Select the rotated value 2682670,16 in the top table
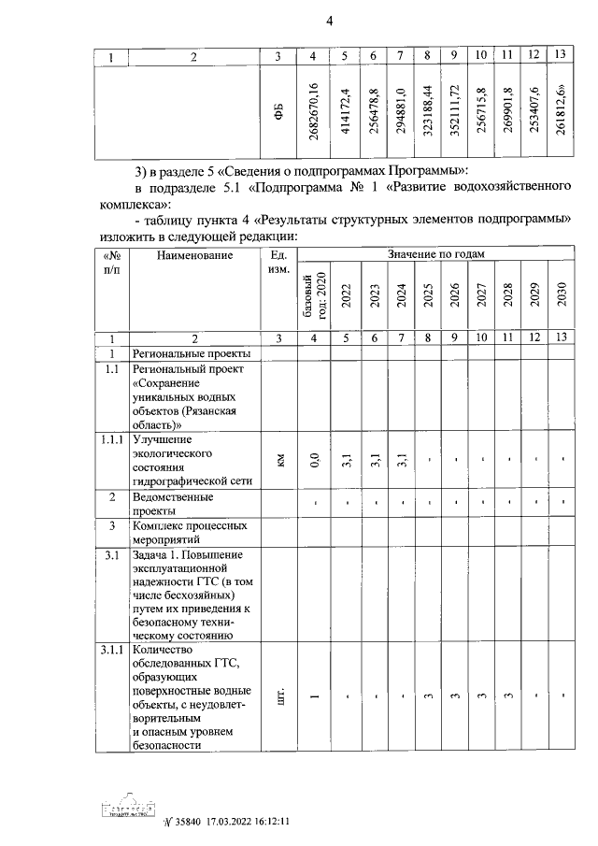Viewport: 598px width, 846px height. (315, 112)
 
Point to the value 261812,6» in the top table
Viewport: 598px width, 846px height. (561, 112)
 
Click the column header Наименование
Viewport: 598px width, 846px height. (195, 255)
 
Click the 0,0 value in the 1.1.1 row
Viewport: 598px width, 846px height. (315, 459)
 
